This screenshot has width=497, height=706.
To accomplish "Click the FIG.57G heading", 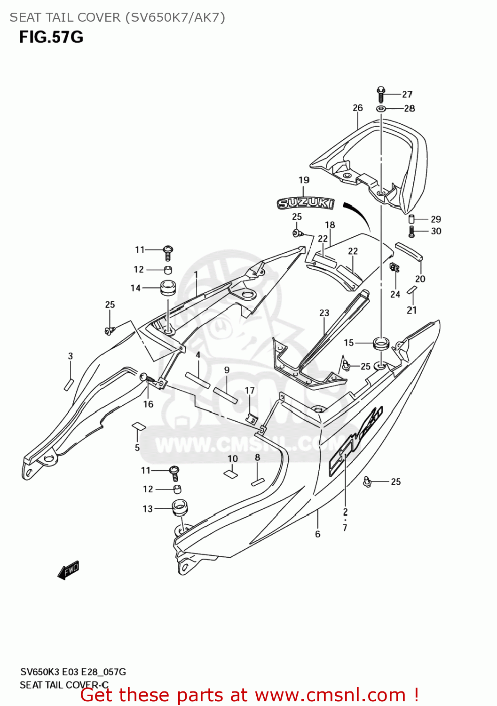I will pos(51,37).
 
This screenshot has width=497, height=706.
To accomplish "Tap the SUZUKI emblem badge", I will pos(305,203).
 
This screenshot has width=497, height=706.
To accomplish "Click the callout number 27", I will pos(407,95).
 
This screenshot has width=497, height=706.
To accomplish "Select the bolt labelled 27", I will pos(381,94).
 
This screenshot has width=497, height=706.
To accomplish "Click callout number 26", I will pos(358,108).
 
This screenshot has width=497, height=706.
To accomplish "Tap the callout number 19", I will pos(304,180).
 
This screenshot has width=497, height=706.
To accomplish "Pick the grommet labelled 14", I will pos(168,287).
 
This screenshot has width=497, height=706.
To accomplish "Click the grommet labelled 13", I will pos(180,508).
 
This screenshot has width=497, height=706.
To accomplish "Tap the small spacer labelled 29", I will pos(411,219).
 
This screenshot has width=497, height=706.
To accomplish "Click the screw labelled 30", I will pos(411,231).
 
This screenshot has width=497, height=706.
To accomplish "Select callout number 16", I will pos(148,404).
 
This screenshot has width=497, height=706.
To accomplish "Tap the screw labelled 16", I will pos(146,377).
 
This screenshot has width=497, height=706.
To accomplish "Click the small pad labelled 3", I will pos(69,384).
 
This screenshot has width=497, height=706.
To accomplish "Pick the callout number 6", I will pos(318,534).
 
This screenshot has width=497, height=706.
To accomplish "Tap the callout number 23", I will pos(324,313).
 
